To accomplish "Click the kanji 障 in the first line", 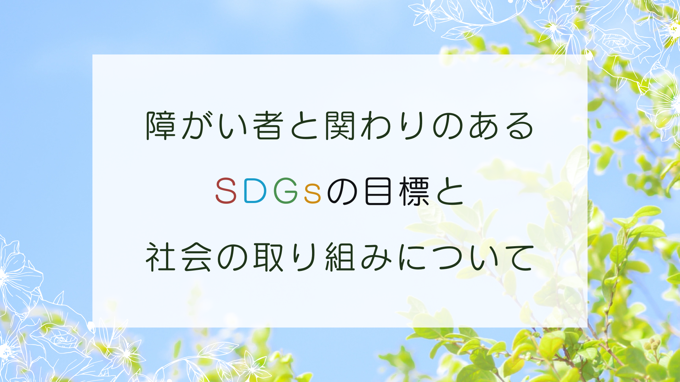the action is tap(161, 126).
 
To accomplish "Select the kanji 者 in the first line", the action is tap(268, 126).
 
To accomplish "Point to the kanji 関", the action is tap(340, 126).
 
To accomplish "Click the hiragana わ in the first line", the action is tap(376, 126).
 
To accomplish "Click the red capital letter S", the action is tap(226, 191).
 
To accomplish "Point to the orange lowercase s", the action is tap(313, 195).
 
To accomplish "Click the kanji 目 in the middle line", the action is tap(378, 191).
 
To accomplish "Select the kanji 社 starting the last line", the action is tap(161, 257).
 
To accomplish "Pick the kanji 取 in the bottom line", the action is tap(268, 257).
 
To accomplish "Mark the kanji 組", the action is tap(340, 257).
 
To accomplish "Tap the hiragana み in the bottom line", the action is tap(376, 257).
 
